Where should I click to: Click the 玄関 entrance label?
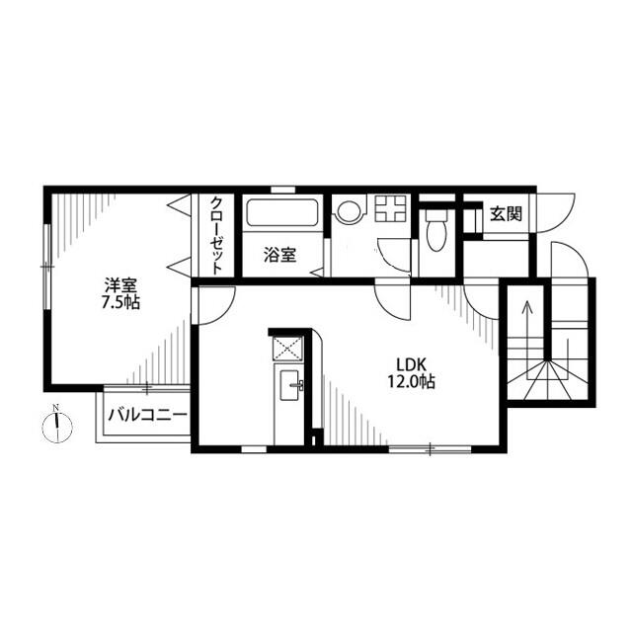point(506,214)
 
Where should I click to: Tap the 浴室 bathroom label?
point(280,255)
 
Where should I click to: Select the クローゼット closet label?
point(217,235)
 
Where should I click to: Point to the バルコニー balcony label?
point(147,415)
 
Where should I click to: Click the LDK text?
point(412,364)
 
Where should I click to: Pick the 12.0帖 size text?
point(411,381)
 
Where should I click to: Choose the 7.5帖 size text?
point(120,302)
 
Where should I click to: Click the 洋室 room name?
point(120,285)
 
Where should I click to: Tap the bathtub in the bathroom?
point(282,213)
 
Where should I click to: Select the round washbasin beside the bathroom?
point(349,212)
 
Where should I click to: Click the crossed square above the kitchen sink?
point(287,349)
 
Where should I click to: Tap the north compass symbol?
point(57,428)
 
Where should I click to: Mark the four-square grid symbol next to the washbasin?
point(391,208)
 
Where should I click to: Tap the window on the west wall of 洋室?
point(47,267)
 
